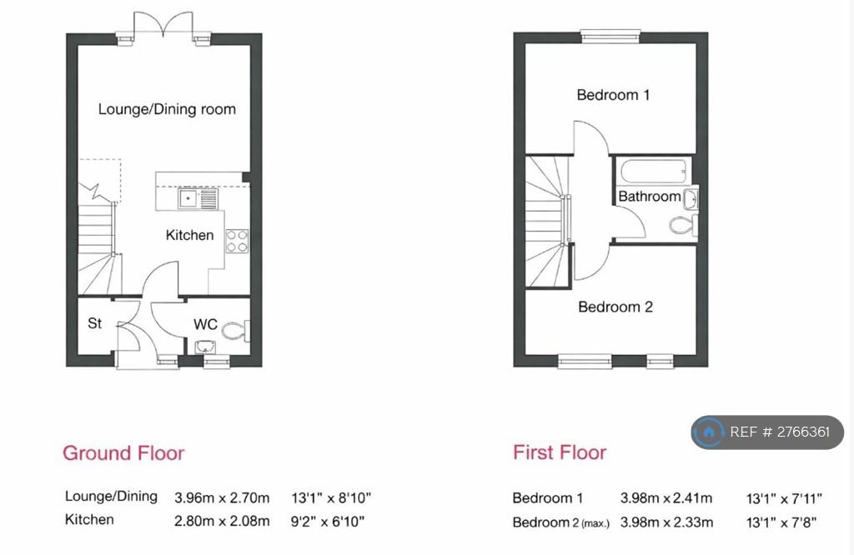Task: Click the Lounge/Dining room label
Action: click(167, 109)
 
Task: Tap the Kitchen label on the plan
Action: click(189, 235)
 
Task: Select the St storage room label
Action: click(95, 323)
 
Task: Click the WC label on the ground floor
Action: click(205, 324)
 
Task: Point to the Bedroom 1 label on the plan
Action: click(613, 95)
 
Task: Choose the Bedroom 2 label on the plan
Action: click(615, 307)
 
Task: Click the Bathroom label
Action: click(649, 196)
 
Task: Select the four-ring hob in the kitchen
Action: click(237, 241)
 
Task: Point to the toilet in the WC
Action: click(236, 330)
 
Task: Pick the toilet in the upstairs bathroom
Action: click(683, 224)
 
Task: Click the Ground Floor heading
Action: click(123, 453)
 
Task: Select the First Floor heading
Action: click(560, 452)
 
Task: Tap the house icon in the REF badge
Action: click(709, 432)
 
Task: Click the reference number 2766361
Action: click(803, 432)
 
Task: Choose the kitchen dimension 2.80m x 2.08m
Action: click(222, 522)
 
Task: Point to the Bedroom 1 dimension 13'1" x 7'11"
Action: click(784, 498)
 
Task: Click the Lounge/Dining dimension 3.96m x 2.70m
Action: click(222, 497)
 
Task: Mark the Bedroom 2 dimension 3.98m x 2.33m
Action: click(666, 522)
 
